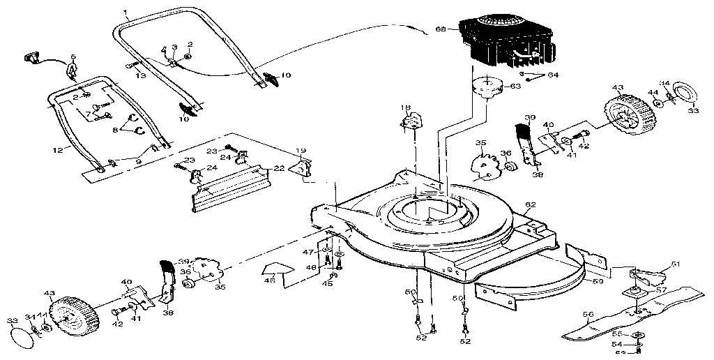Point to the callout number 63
(515, 87)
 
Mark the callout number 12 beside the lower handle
(59, 149)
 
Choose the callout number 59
(597, 282)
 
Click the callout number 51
(674, 264)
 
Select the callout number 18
(404, 107)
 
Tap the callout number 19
(301, 151)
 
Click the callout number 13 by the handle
(141, 75)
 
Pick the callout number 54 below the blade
(616, 345)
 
